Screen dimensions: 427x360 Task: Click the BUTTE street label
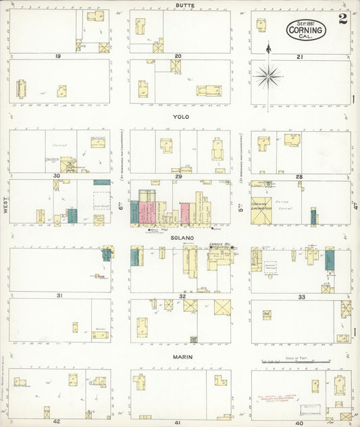(x=181, y=5)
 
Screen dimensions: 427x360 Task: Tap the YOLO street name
(x=181, y=117)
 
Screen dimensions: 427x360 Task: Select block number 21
(x=299, y=57)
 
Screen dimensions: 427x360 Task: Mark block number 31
(x=59, y=296)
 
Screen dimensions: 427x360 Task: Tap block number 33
(x=301, y=297)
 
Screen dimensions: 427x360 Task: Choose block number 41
(x=178, y=422)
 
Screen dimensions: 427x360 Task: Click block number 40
(x=299, y=422)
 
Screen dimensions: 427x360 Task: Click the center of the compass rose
(x=268, y=76)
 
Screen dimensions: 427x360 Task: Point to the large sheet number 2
(x=343, y=18)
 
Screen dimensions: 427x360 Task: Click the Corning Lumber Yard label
(x=261, y=205)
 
